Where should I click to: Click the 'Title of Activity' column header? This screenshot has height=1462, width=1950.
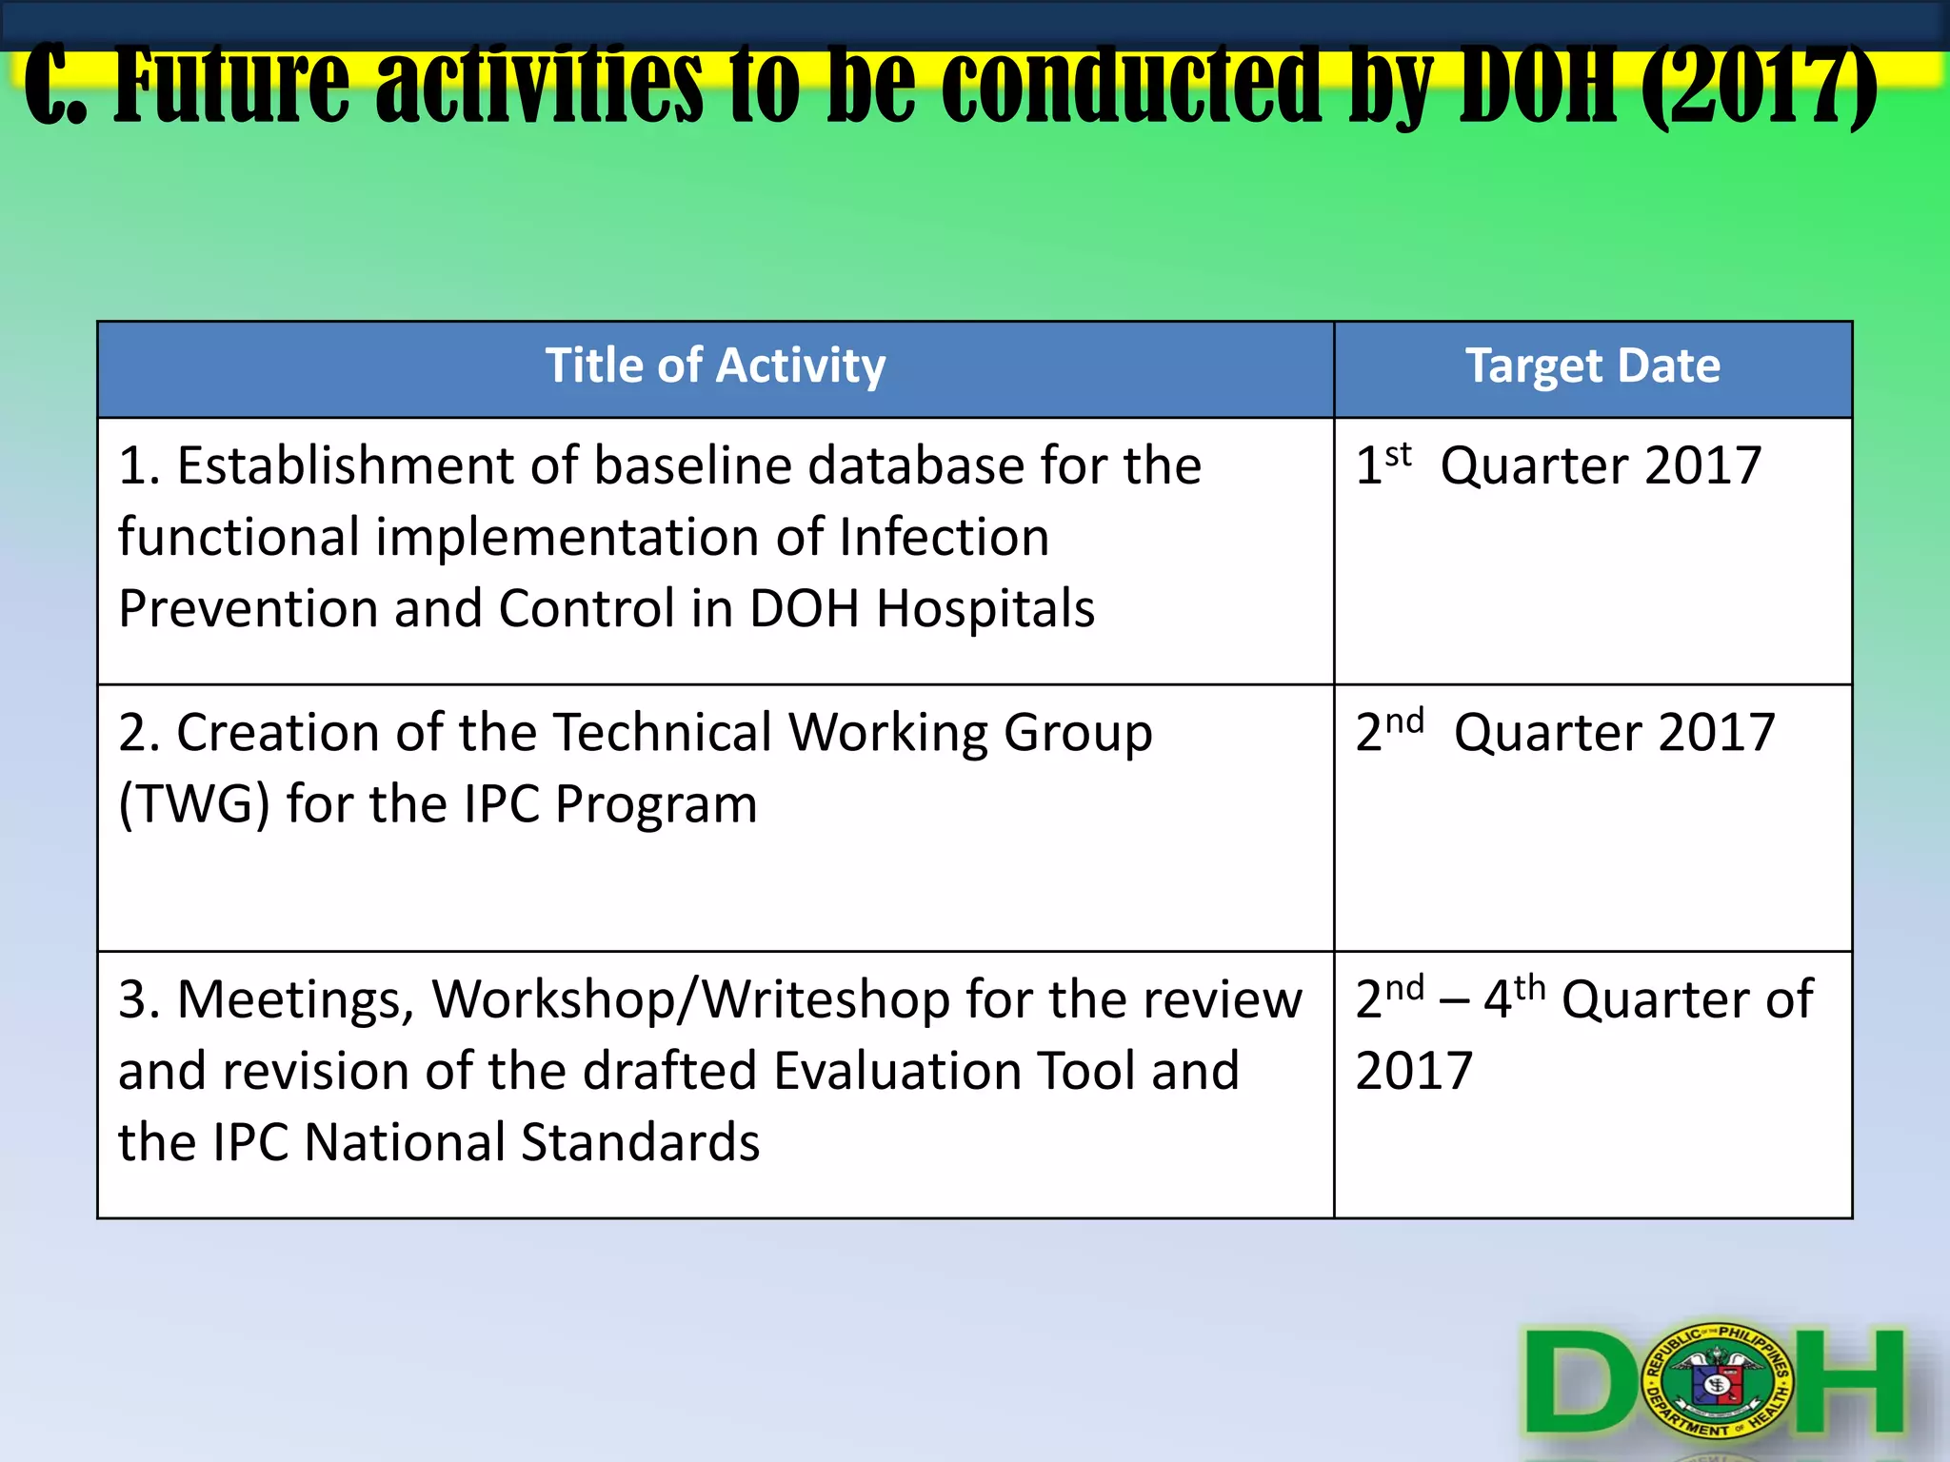coord(715,366)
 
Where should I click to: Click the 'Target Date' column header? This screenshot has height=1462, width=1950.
coord(1593,366)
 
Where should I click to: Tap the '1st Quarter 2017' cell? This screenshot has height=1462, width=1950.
coord(1558,466)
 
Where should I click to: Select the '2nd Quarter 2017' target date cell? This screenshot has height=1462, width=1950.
coord(1565,733)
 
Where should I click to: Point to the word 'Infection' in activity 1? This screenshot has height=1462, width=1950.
coord(944,538)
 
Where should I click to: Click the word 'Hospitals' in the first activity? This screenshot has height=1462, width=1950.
coord(985,609)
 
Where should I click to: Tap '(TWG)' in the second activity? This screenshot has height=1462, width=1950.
coord(195,805)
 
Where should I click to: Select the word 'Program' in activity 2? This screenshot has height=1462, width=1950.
coord(656,805)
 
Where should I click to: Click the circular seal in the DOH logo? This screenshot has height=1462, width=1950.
coord(1720,1380)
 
